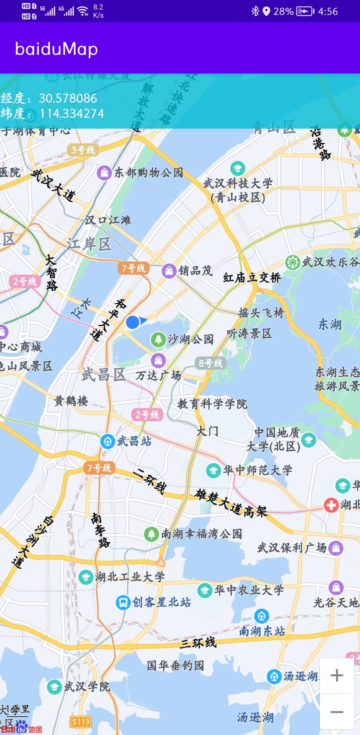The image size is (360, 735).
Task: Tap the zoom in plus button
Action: pyautogui.click(x=337, y=675)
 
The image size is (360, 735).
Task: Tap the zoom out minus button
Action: pyautogui.click(x=337, y=712)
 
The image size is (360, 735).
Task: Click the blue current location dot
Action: pyautogui.click(x=133, y=322)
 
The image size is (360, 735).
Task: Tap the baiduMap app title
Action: pyautogui.click(x=56, y=49)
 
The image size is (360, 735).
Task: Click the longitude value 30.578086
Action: pyautogui.click(x=68, y=98)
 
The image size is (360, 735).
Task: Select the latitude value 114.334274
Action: pyautogui.click(x=72, y=114)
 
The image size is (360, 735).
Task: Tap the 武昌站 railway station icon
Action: pyautogui.click(x=108, y=441)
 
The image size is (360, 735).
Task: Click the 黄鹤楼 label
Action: pyautogui.click(x=71, y=401)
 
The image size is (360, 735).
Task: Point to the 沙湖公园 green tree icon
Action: pyautogui.click(x=158, y=339)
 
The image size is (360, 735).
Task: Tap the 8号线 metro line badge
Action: pyautogui.click(x=210, y=363)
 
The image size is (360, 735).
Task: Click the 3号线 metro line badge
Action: pyautogui.click(x=83, y=150)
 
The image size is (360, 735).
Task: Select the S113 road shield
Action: pyautogui.click(x=81, y=722)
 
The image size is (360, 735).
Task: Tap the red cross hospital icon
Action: pyautogui.click(x=331, y=505)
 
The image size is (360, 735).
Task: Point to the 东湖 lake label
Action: pyautogui.click(x=330, y=325)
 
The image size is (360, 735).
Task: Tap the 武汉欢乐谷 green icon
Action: pyautogui.click(x=293, y=263)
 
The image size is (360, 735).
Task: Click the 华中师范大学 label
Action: pyautogui.click(x=258, y=470)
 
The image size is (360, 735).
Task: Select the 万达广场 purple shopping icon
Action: pyautogui.click(x=158, y=360)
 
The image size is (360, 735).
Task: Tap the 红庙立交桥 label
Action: pyautogui.click(x=252, y=278)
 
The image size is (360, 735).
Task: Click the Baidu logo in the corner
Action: pyautogui.click(x=21, y=727)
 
